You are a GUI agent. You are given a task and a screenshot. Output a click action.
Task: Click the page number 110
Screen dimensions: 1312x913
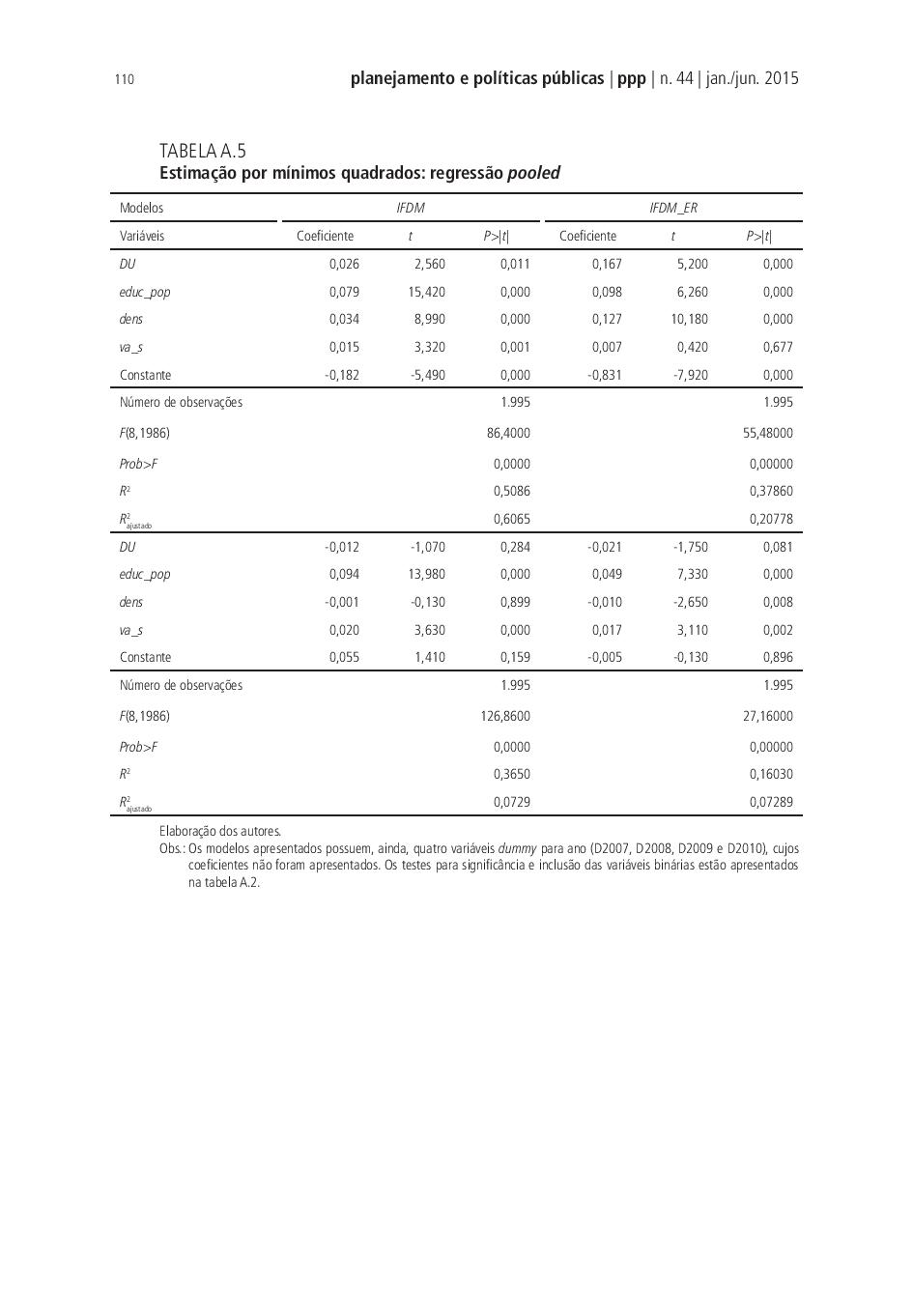(x=124, y=80)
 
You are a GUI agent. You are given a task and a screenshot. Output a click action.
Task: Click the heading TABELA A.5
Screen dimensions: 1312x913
(x=203, y=151)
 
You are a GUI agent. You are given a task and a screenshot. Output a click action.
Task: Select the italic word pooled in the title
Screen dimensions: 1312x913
(x=534, y=174)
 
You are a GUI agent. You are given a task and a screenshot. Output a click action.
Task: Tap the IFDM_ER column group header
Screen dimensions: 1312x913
(x=672, y=208)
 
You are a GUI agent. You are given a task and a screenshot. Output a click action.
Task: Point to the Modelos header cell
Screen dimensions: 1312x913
(x=141, y=208)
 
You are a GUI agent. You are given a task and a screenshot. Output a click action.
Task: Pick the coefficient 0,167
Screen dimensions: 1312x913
(x=607, y=264)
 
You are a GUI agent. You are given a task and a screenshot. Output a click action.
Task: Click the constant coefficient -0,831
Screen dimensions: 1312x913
(x=605, y=375)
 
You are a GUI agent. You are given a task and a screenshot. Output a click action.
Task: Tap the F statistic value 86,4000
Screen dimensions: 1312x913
(x=508, y=433)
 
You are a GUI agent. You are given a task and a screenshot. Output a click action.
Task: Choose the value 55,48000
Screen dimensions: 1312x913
(x=767, y=433)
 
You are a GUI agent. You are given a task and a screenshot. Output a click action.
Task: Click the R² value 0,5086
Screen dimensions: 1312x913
(x=511, y=491)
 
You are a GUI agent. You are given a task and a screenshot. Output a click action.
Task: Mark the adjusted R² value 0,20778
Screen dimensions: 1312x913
(x=771, y=519)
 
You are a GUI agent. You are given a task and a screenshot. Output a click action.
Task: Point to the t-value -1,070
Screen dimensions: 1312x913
(x=427, y=547)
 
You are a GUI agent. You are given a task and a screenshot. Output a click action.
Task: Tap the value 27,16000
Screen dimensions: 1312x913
(x=767, y=716)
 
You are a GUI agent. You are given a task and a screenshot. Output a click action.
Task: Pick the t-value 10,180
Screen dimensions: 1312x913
(x=689, y=319)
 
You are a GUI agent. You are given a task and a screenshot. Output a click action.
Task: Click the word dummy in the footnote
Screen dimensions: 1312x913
(x=517, y=848)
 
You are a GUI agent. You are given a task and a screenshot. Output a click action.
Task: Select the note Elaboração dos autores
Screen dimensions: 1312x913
(x=220, y=831)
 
